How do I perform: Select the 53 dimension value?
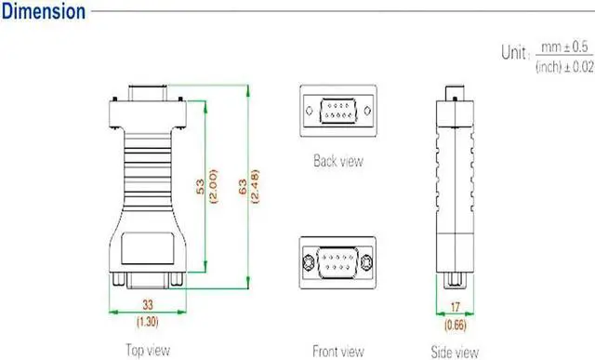click(x=199, y=185)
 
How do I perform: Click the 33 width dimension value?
click(x=147, y=305)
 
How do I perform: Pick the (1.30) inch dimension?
click(x=147, y=321)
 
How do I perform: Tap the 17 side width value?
click(x=454, y=307)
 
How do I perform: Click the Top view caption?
click(x=148, y=350)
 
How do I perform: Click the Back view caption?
click(x=338, y=161)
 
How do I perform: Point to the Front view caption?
click(x=337, y=351)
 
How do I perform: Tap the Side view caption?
click(x=454, y=351)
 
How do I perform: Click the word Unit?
click(x=514, y=53)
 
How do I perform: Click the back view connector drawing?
click(x=338, y=113)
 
